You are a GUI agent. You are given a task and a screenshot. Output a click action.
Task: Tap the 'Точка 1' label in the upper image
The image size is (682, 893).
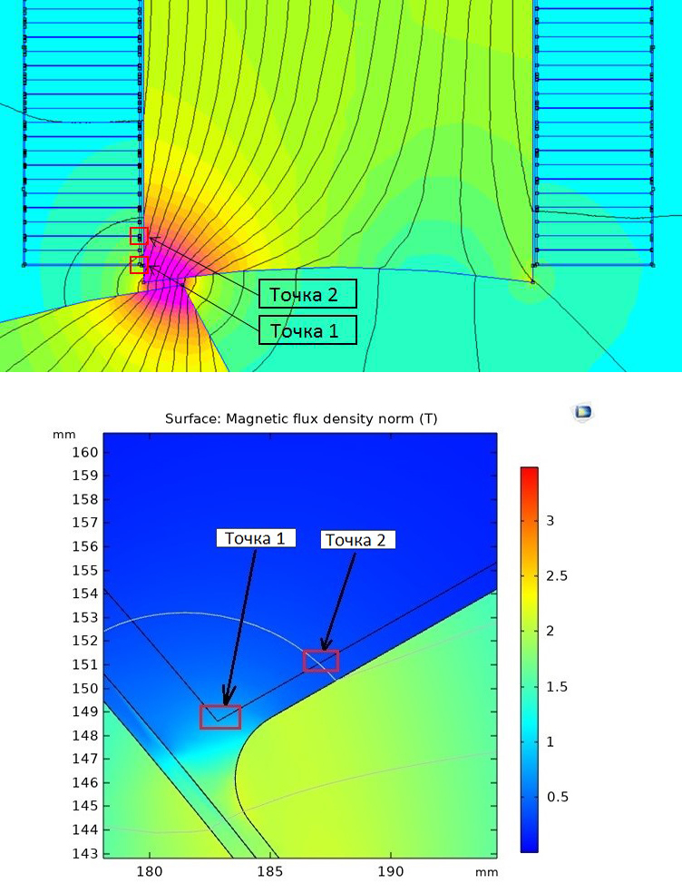pyautogui.click(x=308, y=330)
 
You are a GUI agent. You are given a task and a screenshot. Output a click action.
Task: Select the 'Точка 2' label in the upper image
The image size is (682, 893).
pyautogui.click(x=308, y=294)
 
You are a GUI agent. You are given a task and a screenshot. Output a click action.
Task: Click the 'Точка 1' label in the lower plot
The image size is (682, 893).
pyautogui.click(x=255, y=538)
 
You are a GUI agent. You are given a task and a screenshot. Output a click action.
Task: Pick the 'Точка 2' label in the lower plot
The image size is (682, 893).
pyautogui.click(x=356, y=540)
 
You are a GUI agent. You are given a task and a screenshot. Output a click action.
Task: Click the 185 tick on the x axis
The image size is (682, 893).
pyautogui.click(x=269, y=872)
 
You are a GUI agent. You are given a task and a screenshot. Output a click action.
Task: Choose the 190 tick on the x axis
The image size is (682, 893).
pyautogui.click(x=390, y=872)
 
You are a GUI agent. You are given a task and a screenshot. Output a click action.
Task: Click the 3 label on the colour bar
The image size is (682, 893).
pyautogui.click(x=548, y=521)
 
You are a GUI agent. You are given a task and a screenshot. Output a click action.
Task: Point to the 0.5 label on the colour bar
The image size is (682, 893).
pyautogui.click(x=554, y=797)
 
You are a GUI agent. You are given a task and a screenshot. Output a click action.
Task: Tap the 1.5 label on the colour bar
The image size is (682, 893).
pyautogui.click(x=554, y=687)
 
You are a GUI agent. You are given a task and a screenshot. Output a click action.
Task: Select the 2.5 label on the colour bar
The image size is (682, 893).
pyautogui.click(x=554, y=576)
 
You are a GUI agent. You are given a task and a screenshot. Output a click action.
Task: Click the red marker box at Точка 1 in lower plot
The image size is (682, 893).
pyautogui.click(x=220, y=717)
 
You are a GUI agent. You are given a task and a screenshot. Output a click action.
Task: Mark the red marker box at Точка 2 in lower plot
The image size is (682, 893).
pyautogui.click(x=321, y=662)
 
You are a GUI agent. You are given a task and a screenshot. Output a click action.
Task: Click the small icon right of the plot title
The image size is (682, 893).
pyautogui.click(x=583, y=412)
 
